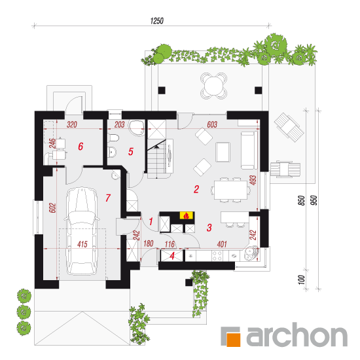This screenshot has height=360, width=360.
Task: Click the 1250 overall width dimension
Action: coord(157,21)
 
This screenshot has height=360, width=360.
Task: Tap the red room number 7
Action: coord(108,198)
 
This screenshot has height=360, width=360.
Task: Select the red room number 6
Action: coord(81,146)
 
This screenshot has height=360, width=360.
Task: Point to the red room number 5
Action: coord(131,152)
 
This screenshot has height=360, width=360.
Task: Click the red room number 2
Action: coord(196,189)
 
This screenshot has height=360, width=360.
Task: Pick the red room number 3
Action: coord(209,228)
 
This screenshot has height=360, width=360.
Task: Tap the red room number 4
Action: coord(172,256)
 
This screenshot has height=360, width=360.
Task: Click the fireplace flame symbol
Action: coord(187,215)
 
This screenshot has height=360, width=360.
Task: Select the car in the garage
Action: coord(82,231)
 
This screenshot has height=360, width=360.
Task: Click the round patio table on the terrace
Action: coord(213,86)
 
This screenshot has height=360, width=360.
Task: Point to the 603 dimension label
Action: coord(212,124)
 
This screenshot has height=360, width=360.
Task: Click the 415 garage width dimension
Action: coord(82,244)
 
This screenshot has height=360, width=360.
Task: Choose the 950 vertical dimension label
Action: coord(314,200)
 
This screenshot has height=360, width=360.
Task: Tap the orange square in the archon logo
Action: coord(234,339)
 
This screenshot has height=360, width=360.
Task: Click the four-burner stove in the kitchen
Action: coord(217,255)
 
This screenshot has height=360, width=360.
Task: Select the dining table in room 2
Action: coord(230,190)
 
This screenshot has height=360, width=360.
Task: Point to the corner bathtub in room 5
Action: coord(137,128)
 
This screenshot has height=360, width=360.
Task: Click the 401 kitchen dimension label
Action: coord(222,244)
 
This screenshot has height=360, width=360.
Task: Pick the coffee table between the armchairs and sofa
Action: coord(223,152)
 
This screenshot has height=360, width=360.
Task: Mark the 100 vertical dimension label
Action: coord(302,279)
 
